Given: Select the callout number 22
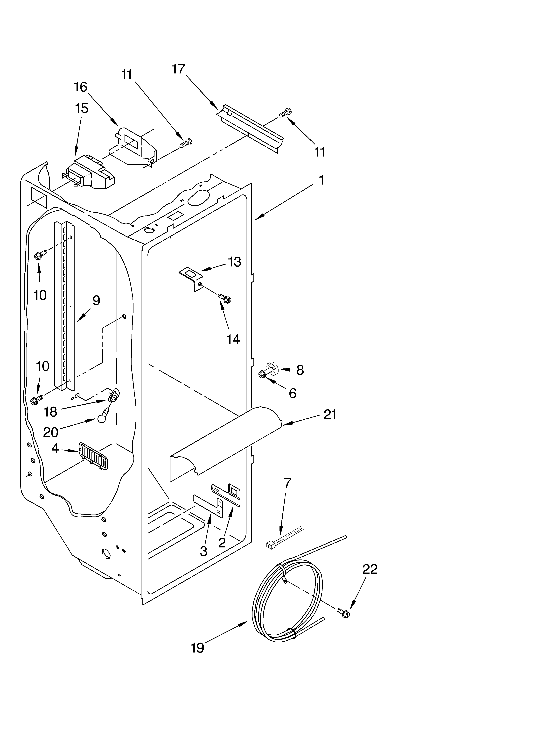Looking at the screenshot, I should coord(370,569).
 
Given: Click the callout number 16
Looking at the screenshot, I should coord(80,87).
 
